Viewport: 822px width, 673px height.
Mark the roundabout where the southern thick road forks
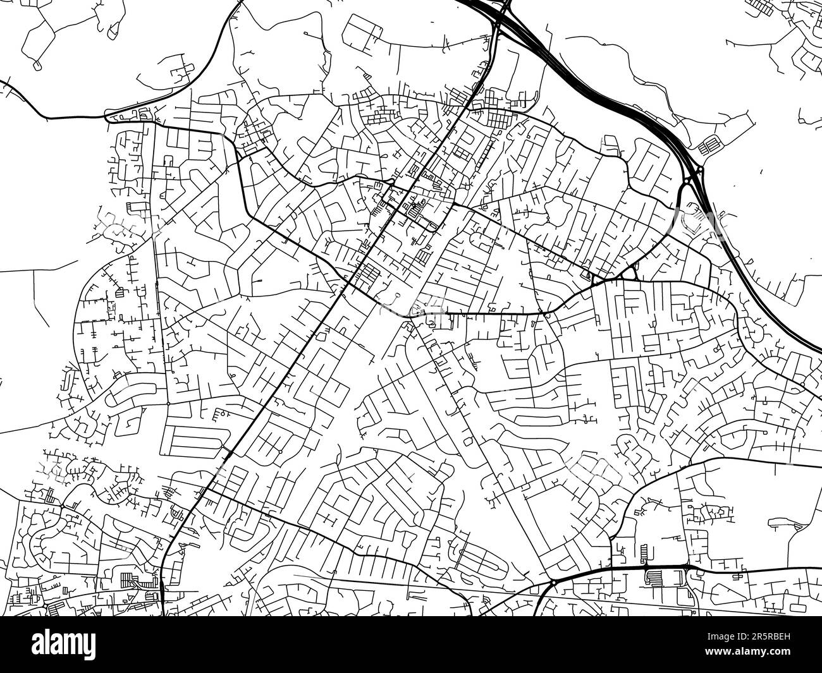coord(553,581)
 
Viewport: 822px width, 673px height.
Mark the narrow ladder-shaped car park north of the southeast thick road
coord(644,554)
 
